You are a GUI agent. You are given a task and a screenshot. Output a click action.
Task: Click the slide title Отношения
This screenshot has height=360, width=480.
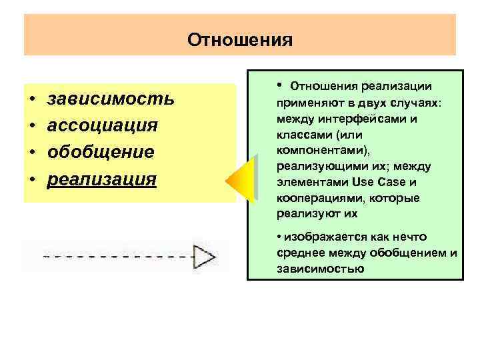click(240, 40)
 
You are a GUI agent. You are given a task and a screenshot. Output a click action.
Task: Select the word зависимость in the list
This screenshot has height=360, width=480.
click(111, 99)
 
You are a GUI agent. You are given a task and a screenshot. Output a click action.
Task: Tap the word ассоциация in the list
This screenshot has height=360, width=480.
click(102, 126)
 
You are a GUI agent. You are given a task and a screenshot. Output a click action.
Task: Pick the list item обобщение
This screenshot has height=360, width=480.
click(101, 152)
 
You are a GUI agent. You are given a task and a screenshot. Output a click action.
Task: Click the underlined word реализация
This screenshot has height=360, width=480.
click(101, 179)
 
